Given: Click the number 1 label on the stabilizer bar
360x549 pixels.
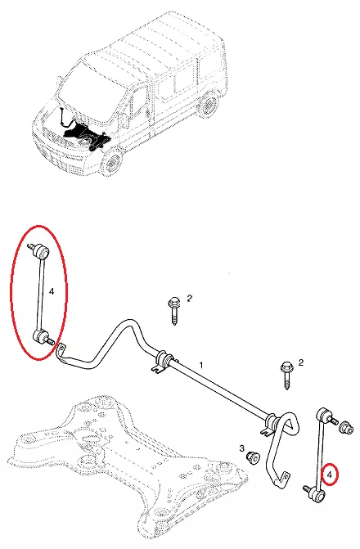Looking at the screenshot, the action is [x=201, y=365].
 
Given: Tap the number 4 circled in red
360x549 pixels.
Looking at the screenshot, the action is [x=330, y=475].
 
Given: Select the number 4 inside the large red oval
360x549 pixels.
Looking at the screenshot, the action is [x=52, y=291].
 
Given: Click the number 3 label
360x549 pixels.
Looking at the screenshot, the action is [x=242, y=448].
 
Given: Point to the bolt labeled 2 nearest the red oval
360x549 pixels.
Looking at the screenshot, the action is [x=174, y=310].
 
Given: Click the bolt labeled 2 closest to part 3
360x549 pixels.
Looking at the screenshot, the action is [x=287, y=376].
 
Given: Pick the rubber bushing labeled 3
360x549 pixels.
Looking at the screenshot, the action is [x=253, y=458].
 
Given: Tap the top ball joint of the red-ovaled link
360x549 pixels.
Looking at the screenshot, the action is [x=39, y=251].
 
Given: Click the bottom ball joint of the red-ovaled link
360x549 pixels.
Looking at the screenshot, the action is [x=42, y=338].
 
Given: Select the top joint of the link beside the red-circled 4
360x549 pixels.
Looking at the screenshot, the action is [x=326, y=416].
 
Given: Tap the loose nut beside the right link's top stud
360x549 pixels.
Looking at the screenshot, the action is [x=346, y=428].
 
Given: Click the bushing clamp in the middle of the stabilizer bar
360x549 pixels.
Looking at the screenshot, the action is [x=163, y=362].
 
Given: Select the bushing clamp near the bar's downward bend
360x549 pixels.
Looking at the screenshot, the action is [x=271, y=425].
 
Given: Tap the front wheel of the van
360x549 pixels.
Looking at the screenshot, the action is [x=113, y=163].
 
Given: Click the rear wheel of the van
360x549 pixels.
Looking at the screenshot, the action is [x=209, y=105].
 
